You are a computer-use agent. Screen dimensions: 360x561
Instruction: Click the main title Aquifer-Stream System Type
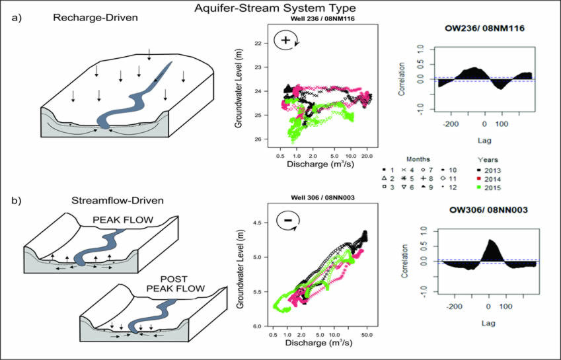tap(280, 8)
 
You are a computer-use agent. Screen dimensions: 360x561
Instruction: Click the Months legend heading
tap(419, 159)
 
